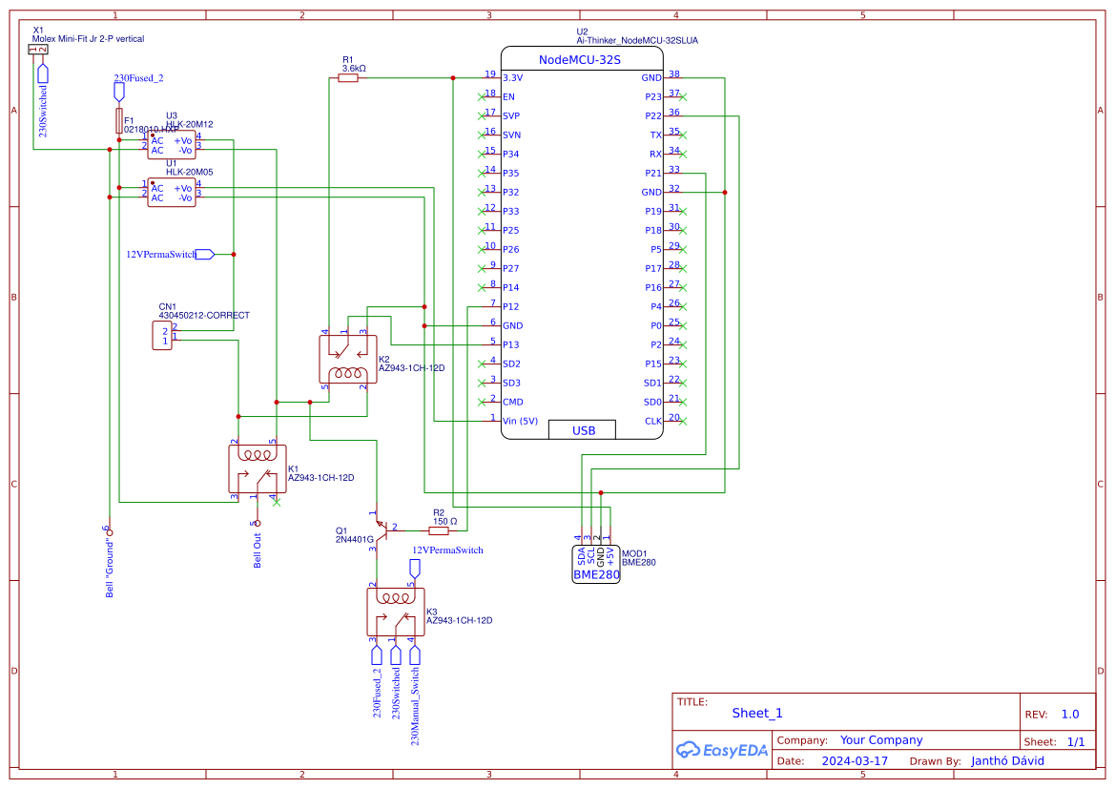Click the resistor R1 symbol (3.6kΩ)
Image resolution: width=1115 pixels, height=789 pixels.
point(348,78)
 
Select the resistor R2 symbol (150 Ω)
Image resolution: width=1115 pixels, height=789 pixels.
point(438,530)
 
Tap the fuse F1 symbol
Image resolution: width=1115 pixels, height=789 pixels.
point(118,120)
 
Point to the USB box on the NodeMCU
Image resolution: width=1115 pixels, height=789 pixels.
point(583,430)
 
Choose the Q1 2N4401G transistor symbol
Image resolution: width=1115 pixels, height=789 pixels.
point(379,528)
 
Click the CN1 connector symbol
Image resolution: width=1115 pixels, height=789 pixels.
point(162,336)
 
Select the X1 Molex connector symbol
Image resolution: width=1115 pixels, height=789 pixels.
point(37,49)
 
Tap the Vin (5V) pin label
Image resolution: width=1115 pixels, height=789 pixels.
point(520,421)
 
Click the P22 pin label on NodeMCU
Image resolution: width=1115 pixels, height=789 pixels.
point(652,116)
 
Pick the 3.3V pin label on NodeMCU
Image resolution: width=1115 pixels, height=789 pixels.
point(512,77)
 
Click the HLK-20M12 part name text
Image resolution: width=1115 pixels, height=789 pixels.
point(189,124)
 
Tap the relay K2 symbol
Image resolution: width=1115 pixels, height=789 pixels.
point(346,360)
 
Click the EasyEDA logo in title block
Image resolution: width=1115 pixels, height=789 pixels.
point(721,750)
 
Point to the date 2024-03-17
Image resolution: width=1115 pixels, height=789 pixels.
point(854,761)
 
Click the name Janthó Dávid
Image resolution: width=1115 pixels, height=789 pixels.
point(1007,761)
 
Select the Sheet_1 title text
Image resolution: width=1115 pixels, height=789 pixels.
point(757,713)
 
